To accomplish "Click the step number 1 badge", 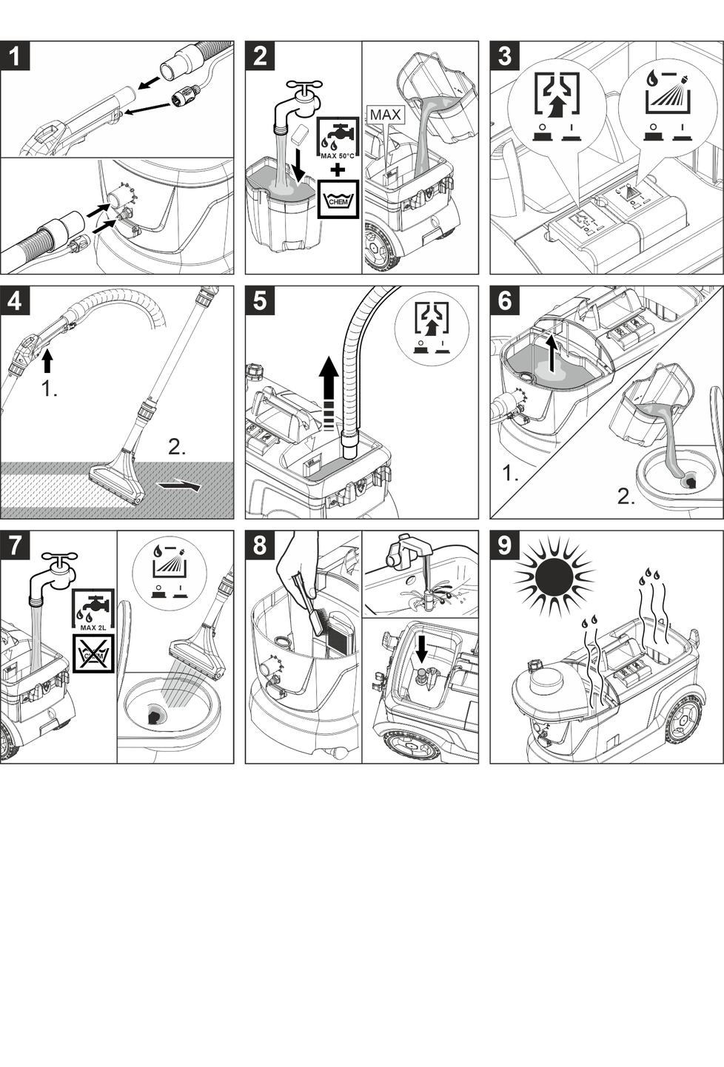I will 16,56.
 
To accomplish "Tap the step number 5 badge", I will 260,301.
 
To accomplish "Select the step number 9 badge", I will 505,545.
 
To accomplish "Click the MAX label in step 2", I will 385,115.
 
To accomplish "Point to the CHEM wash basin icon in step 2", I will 338,199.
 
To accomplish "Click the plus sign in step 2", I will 338,169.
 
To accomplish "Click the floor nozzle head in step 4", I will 118,482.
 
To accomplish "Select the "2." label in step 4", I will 177,448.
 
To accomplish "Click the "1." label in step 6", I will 510,473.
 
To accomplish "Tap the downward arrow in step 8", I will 421,650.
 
